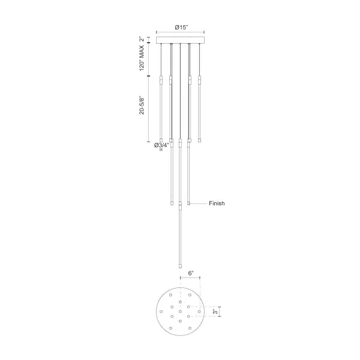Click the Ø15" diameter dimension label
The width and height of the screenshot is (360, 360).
tap(181, 28)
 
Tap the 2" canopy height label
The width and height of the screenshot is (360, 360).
tap(142, 39)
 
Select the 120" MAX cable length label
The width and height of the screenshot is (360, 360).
tap(142, 58)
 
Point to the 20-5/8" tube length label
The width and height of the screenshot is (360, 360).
tap(142, 105)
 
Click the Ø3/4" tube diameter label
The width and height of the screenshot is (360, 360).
tap(161, 145)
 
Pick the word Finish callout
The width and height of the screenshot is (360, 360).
tap(217, 203)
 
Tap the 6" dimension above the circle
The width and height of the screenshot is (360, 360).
tap(191, 273)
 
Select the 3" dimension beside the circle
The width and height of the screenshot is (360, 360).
tap(215, 311)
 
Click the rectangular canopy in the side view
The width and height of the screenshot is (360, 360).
tap(180, 40)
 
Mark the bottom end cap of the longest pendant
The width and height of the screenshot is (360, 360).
tap(180, 266)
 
